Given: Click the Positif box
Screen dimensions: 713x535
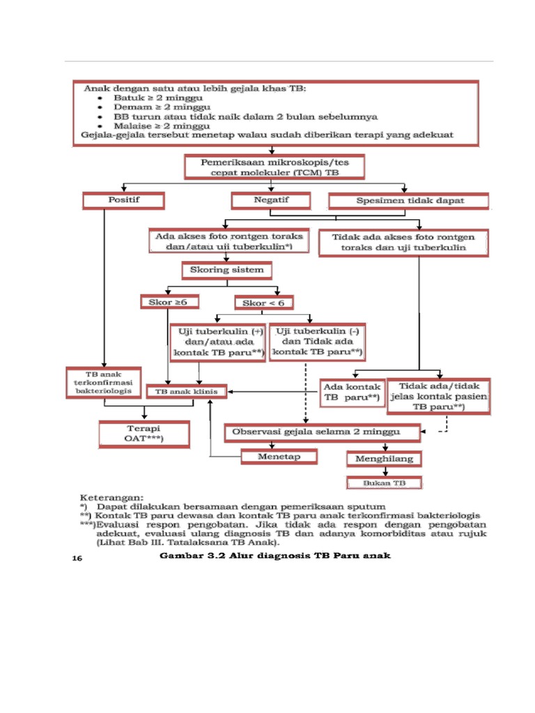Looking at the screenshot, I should (123, 201).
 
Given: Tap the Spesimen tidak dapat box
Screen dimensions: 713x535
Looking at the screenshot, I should (410, 201).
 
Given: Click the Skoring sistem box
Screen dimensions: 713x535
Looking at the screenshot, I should (227, 269).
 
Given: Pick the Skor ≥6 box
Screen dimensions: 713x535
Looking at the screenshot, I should (169, 302).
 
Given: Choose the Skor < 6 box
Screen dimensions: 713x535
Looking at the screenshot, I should (264, 303).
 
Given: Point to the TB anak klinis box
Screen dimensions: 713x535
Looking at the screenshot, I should (191, 392).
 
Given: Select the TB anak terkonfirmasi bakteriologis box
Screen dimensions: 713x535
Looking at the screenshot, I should (104, 384).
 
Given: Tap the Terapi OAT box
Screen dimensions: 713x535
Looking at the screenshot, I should (144, 434).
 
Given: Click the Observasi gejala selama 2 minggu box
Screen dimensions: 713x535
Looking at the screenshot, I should (323, 432).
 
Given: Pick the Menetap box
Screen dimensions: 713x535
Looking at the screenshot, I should (279, 457).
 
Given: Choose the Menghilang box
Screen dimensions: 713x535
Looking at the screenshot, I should (385, 459).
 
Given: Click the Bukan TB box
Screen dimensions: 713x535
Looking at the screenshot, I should (385, 482).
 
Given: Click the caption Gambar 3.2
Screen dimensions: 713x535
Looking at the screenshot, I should (275, 556).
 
